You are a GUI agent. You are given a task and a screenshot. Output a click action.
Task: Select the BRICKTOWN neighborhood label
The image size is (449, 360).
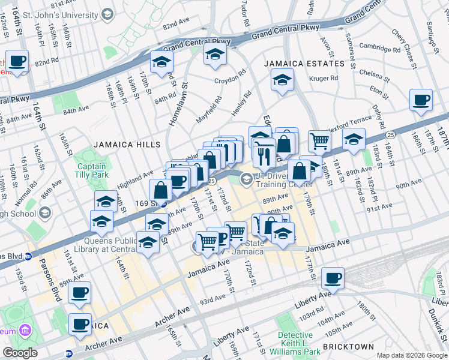[348, 347]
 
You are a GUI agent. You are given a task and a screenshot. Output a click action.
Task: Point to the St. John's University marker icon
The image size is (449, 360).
[107, 14]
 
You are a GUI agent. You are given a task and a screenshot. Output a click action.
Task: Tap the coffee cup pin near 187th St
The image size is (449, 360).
[421, 100]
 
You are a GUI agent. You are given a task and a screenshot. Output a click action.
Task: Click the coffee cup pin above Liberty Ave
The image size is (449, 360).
[333, 278]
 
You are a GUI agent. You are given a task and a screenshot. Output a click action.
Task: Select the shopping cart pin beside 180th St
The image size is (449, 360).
[319, 142]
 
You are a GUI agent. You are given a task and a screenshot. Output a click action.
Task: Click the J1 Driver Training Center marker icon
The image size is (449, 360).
[246, 179]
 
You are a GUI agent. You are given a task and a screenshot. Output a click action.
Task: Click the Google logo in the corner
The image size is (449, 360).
[20, 353]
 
